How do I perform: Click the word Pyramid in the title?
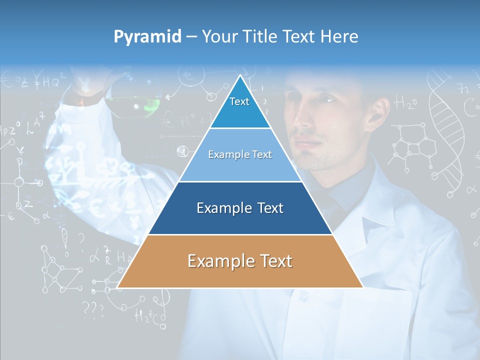pyautogui.click(x=147, y=36)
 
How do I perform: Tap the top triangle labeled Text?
pyautogui.click(x=240, y=105)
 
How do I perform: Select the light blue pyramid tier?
pyautogui.click(x=240, y=155)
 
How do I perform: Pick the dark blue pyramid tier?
pyautogui.click(x=240, y=208)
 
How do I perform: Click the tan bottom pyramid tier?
pyautogui.click(x=240, y=261)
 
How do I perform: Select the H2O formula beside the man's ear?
pyautogui.click(x=405, y=103)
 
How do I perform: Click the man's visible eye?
pyautogui.click(x=327, y=99)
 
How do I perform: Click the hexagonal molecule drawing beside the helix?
pyautogui.click(x=407, y=142)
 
